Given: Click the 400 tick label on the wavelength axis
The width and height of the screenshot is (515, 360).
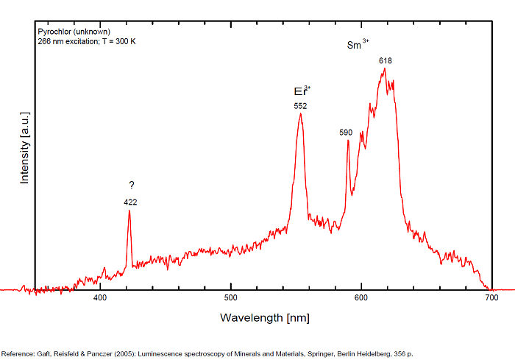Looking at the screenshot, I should pyautogui.click(x=101, y=298).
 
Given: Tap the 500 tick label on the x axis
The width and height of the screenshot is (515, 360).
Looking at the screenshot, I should pyautogui.click(x=231, y=298).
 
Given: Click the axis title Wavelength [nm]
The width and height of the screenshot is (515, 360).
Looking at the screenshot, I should pyautogui.click(x=264, y=318).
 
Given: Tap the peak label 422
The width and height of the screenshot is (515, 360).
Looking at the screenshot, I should pyautogui.click(x=130, y=202).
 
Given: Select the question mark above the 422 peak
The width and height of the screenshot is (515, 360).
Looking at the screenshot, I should pyautogui.click(x=131, y=186).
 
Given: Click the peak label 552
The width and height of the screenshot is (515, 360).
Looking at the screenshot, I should pyautogui.click(x=300, y=106).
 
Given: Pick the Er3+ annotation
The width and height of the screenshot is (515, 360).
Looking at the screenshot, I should pyautogui.click(x=302, y=91).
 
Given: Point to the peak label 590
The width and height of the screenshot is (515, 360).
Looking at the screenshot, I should pyautogui.click(x=346, y=133).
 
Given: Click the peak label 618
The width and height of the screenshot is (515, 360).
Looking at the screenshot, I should pyautogui.click(x=385, y=60).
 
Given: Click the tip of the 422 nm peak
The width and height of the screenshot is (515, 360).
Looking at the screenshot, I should pyautogui.click(x=129, y=211).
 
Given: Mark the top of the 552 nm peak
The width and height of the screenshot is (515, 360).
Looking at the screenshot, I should pyautogui.click(x=300, y=113).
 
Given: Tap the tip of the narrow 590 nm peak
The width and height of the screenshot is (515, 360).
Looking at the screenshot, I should pyautogui.click(x=348, y=140).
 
